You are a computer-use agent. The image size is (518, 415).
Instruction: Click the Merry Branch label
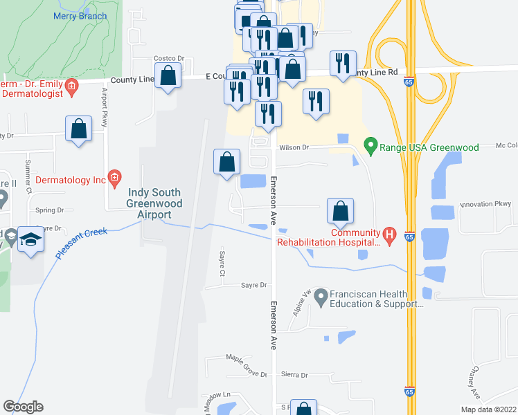(81, 16)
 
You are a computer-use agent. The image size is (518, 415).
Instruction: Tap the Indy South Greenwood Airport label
(154, 203)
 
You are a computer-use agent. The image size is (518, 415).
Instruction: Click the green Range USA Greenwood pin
(370, 147)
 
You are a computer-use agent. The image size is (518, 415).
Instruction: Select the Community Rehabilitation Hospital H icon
(389, 236)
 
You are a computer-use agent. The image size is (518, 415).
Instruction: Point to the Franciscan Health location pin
(321, 299)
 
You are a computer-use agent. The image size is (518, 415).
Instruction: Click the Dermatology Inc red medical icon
(114, 179)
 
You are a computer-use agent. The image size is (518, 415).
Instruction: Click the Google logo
(23, 407)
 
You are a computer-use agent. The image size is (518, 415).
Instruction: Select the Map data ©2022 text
(488, 409)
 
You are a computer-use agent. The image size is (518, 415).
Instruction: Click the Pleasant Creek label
(81, 243)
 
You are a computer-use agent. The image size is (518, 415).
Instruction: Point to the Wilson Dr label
(294, 147)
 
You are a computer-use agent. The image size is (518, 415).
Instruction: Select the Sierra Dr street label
(295, 375)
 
